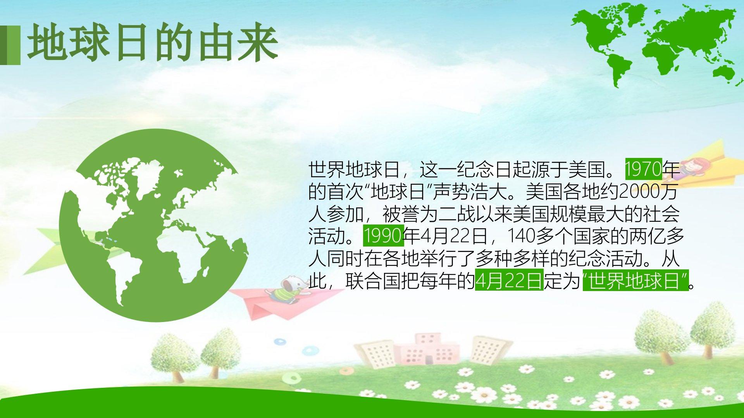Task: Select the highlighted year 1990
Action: point(383,236)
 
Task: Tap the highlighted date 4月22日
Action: point(509,280)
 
